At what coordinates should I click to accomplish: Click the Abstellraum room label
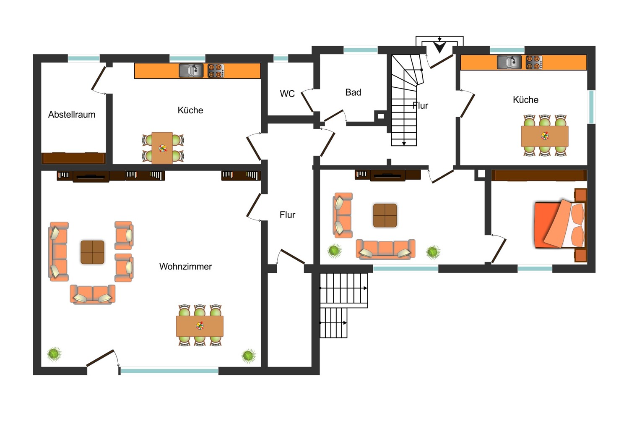coord(72,115)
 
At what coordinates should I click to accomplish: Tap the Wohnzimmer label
coord(185,267)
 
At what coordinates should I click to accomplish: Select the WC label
coord(287,94)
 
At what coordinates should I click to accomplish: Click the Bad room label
coord(353,92)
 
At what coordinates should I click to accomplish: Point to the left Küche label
coord(190,110)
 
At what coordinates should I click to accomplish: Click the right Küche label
coord(525,100)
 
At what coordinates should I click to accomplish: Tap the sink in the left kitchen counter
coord(191,71)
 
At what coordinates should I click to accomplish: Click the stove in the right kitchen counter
coord(534,63)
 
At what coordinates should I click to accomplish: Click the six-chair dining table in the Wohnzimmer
coord(200,326)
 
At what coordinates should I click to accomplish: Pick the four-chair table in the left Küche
coord(162,148)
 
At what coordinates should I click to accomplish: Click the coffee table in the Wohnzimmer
coord(92,252)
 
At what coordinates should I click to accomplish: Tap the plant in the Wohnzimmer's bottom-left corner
coord(54,354)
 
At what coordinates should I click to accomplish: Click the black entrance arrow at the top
coord(439,47)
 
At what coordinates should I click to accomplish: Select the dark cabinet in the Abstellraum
coord(73,158)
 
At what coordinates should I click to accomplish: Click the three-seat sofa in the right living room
coord(385,249)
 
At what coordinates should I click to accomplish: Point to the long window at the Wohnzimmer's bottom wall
coord(169,371)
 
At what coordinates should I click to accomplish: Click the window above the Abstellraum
coord(84,59)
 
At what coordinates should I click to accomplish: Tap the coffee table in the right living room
coord(385,215)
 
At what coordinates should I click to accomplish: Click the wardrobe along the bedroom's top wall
coord(539,175)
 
